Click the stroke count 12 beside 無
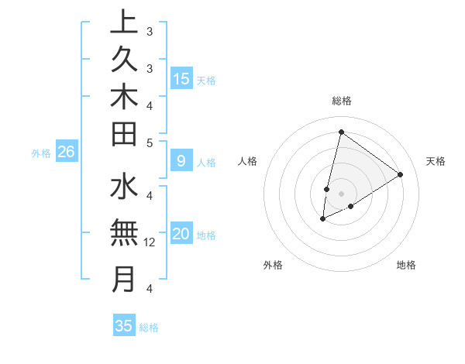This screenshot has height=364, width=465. pyautogui.click(x=150, y=242)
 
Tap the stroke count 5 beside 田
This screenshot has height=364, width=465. pyautogui.click(x=150, y=142)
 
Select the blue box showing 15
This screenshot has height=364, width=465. pyautogui.click(x=181, y=78)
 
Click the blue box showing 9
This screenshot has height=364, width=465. pyautogui.click(x=181, y=161)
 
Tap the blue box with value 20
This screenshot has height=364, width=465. pyautogui.click(x=181, y=234)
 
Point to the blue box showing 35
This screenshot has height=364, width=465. pyautogui.click(x=124, y=326)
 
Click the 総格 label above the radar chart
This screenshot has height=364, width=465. pyautogui.click(x=342, y=101)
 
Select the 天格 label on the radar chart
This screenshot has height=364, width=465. pyautogui.click(x=436, y=161)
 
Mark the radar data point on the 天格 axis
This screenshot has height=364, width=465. pyautogui.click(x=400, y=174)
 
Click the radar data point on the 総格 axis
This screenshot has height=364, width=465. pyautogui.click(x=341, y=132)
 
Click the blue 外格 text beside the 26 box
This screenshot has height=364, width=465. pyautogui.click(x=41, y=153)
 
